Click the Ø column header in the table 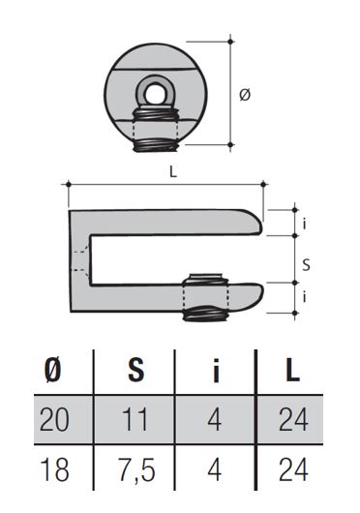52,371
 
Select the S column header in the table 136,371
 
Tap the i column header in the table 216,371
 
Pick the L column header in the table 292,371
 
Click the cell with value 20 54,419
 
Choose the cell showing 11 135,419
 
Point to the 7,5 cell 137,470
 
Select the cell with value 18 54,469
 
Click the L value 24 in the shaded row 293,419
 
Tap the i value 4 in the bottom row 215,469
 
